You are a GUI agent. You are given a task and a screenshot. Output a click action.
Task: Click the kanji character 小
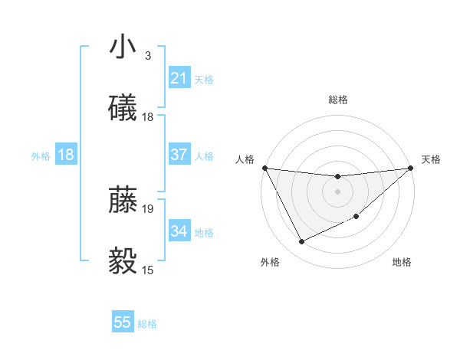click(123, 47)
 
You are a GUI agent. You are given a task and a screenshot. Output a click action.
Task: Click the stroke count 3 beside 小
click(147, 56)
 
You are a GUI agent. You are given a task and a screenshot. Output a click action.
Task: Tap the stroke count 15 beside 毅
click(148, 270)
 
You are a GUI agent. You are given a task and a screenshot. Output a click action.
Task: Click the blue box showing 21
click(179, 78)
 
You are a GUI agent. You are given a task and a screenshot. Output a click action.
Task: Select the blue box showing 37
click(179, 155)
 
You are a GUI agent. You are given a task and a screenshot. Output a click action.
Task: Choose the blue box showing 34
click(179, 231)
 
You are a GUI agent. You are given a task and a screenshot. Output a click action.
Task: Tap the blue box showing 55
click(123, 323)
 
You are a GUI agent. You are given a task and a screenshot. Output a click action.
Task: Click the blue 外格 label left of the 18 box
click(41, 155)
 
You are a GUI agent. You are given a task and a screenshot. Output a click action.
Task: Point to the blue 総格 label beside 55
click(147, 324)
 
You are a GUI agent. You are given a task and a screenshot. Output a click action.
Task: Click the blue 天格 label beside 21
click(204, 79)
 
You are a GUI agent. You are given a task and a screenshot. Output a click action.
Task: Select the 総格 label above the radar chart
click(337, 100)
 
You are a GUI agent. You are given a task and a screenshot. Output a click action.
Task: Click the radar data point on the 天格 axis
click(412, 168)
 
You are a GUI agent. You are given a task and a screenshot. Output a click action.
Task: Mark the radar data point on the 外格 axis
click(301, 242)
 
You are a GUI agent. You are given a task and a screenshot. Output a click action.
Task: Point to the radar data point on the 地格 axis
click(357, 216)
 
